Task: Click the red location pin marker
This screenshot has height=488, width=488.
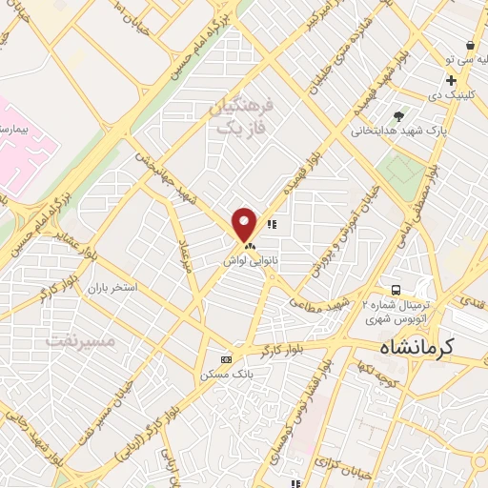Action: click(x=245, y=224)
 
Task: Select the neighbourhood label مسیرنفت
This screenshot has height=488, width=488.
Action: click(x=80, y=338)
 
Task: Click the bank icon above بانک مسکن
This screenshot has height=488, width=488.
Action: click(x=226, y=359)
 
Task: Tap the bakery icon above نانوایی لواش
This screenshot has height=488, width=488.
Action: click(x=236, y=244)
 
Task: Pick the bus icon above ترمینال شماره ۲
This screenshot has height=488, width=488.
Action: click(x=394, y=289)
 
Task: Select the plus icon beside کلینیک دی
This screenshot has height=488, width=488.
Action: click(x=450, y=81)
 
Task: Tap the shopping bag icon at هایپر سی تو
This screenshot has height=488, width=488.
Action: click(x=471, y=45)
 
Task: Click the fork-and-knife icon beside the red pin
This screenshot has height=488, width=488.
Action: click(x=272, y=226)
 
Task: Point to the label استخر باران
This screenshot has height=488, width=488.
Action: click(x=113, y=287)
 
